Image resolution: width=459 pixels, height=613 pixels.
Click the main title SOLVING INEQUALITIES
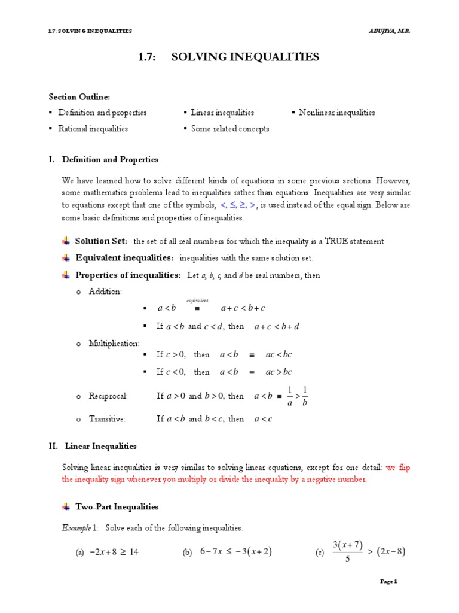click(245, 57)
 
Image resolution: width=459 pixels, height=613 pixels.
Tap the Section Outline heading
click(79, 97)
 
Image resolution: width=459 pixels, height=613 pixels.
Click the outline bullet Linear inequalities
click(222, 113)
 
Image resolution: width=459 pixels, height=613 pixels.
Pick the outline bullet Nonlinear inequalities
click(337, 113)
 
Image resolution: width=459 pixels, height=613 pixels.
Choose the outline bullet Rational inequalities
click(93, 128)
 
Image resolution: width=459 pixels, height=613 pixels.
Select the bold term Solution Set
click(101, 241)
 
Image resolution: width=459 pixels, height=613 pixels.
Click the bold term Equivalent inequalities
click(124, 257)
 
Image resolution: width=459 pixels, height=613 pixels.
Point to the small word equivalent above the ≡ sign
click(197, 300)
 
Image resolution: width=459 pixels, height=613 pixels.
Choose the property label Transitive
click(107, 419)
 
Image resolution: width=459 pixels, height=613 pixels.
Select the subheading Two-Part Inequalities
click(117, 506)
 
